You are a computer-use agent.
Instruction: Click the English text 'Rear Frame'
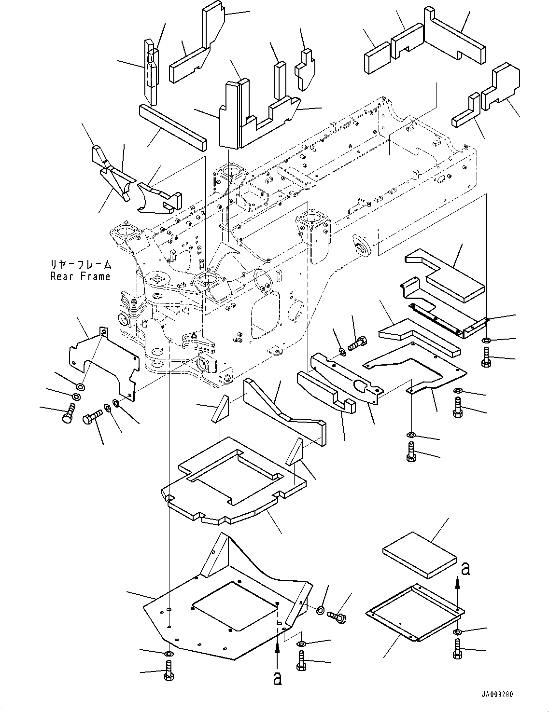click(x=80, y=277)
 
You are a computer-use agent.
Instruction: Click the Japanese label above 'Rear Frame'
click(x=81, y=264)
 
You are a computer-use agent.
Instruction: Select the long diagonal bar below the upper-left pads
click(x=173, y=127)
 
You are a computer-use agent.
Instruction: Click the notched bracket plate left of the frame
click(x=104, y=364)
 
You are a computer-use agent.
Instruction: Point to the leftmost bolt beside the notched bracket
click(x=69, y=413)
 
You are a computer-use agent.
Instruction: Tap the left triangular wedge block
click(x=220, y=409)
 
